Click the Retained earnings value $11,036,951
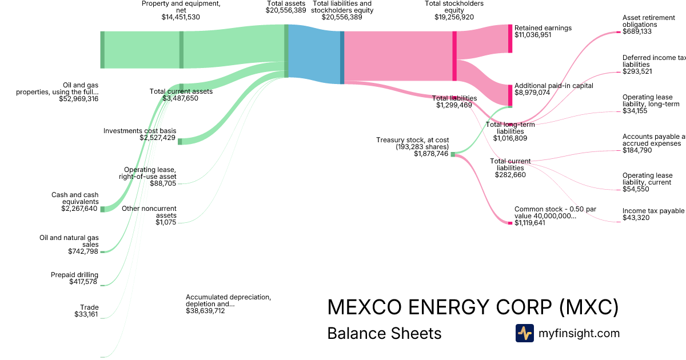click(533, 35)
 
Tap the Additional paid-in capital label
click(553, 85)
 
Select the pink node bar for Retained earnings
click(510, 39)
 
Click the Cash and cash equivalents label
click(75, 198)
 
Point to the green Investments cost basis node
click(180, 141)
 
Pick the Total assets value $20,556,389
click(286, 10)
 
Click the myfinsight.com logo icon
click(524, 333)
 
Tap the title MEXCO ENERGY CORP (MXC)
click(473, 307)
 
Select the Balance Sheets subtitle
click(384, 333)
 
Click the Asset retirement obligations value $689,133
click(637, 31)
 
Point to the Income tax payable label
click(653, 211)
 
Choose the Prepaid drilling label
click(74, 275)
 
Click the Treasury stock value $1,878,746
click(432, 154)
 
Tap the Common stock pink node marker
click(510, 223)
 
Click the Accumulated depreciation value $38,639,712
click(205, 311)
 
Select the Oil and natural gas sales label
click(69, 241)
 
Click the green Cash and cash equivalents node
click(102, 209)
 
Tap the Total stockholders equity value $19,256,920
click(454, 17)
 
